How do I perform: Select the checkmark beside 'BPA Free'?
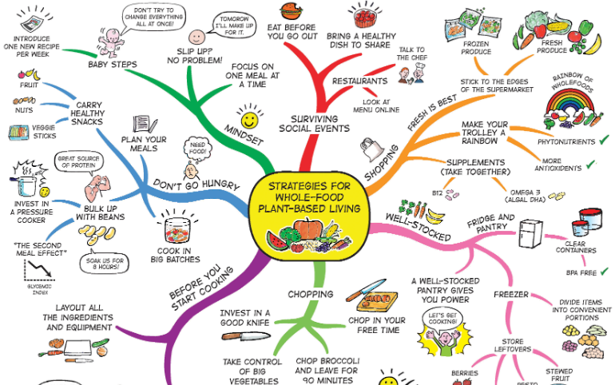(605, 272)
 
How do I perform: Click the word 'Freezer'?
(510, 294)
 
